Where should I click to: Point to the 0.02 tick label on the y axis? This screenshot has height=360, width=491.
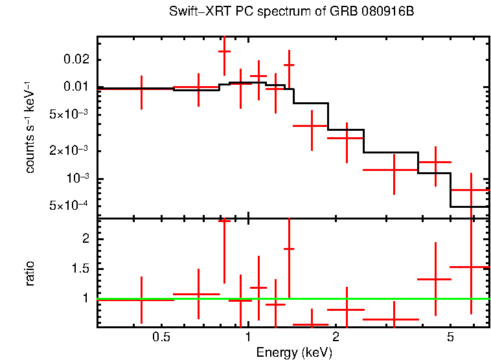tap(78, 60)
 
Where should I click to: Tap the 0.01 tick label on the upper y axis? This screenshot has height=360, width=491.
tap(78, 87)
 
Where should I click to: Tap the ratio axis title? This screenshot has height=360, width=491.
tap(30, 273)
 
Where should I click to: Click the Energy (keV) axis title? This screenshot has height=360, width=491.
tap(294, 352)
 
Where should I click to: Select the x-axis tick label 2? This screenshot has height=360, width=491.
tap(336, 337)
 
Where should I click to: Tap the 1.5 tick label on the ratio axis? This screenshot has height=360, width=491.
tap(82, 269)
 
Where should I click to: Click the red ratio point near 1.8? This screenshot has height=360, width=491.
tap(289, 249)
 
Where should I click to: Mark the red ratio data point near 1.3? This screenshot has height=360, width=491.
tap(435, 279)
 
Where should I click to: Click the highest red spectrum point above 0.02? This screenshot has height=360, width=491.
tap(224, 51)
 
